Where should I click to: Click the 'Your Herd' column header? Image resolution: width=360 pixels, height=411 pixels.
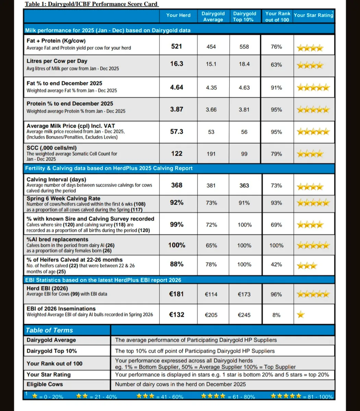coord(178,15)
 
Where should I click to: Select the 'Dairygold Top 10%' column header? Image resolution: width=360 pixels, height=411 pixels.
coord(244,16)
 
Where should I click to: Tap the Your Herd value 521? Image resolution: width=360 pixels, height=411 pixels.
coord(177,46)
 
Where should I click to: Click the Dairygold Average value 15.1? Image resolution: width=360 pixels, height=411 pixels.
coord(211,64)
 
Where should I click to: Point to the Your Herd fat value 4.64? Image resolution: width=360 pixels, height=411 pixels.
coord(177,87)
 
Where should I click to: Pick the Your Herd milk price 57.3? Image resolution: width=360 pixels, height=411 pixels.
coord(177,132)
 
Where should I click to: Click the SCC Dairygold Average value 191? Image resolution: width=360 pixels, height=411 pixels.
coord(211,154)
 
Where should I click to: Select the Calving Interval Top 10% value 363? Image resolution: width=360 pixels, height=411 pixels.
coord(244,185)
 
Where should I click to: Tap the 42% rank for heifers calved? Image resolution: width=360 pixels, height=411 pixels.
coord(276,264)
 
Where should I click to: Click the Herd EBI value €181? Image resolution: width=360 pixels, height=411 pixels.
coord(177,294)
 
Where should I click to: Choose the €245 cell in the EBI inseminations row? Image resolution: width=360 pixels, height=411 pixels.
coord(244,315)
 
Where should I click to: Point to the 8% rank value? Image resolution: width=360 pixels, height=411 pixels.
coord(276,315)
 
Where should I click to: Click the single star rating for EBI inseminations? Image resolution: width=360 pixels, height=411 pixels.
coord(301,314)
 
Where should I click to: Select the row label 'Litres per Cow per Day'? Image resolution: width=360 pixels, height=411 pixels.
coord(57,61)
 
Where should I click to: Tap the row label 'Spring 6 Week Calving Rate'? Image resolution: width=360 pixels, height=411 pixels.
coord(63,198)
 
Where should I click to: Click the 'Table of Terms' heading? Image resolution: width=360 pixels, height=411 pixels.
coord(49,330)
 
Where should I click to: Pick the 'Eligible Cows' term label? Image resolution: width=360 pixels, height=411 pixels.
coord(45,384)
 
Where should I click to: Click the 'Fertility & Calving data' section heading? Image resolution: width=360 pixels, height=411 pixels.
coord(109,168)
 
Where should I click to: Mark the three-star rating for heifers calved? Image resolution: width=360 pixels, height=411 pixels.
coord(307,265)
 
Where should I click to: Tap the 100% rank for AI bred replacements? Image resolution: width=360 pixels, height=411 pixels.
coord(276,246)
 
